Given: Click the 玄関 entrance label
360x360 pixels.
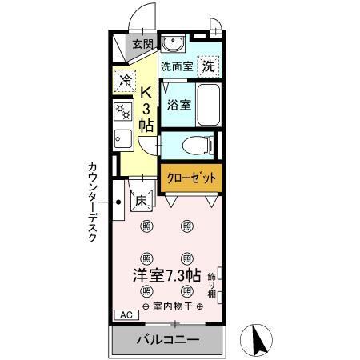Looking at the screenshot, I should point(143,45).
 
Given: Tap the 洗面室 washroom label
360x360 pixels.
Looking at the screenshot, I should point(176,67).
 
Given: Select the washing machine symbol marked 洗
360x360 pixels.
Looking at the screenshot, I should point(208,66).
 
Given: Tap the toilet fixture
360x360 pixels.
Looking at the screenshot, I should point(195,145).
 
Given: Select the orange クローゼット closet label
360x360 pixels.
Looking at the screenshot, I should point(190,178).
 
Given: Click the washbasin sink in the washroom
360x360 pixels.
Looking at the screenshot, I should point(171,44).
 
